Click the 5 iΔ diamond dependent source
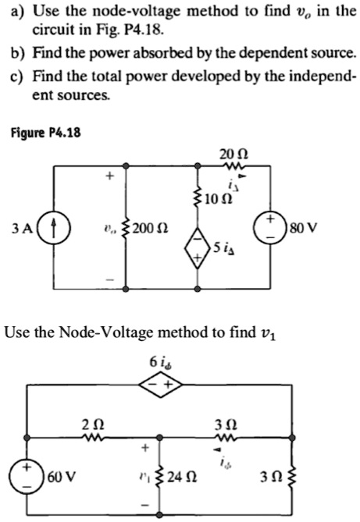pyautogui.click(x=200, y=250)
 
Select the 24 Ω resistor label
pyautogui.click(x=189, y=477)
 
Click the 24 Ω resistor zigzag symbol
pyautogui.click(x=161, y=477)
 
